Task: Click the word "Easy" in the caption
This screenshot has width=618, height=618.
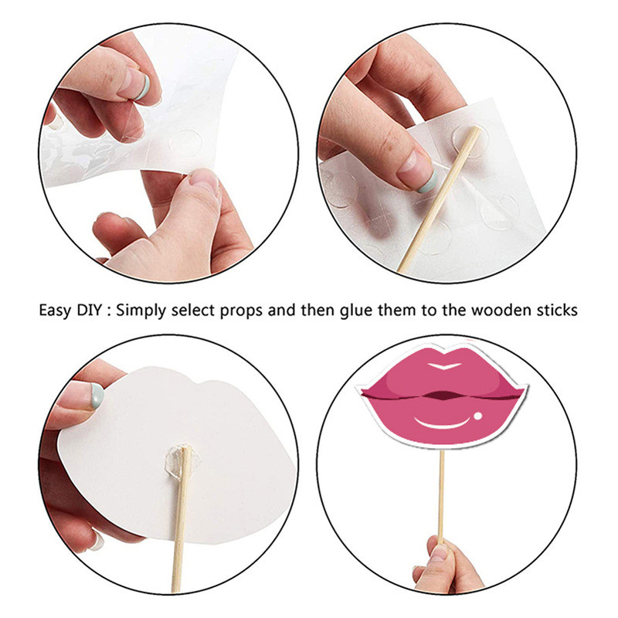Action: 55,311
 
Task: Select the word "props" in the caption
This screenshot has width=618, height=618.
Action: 241,311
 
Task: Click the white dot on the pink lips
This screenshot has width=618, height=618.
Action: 477,416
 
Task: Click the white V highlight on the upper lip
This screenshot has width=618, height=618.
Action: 444,365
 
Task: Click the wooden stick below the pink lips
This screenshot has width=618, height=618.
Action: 441,497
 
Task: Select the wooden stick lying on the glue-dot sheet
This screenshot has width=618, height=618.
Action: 440,199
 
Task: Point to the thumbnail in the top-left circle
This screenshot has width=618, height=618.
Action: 203,180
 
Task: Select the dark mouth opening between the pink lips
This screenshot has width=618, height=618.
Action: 443,395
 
